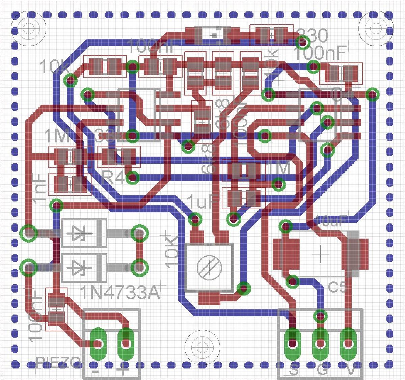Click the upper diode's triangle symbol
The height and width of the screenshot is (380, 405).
click(x=80, y=234)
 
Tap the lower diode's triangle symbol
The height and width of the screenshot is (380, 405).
click(x=80, y=268)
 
